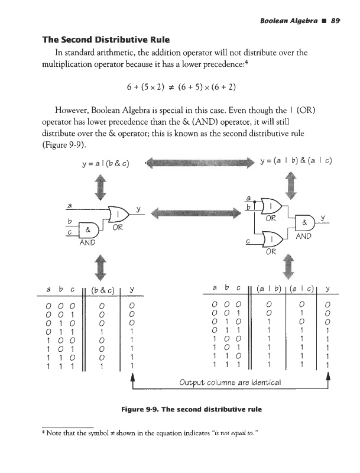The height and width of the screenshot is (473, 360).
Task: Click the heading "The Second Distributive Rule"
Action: point(105,40)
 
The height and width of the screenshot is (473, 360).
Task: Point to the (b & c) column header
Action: point(102,289)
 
